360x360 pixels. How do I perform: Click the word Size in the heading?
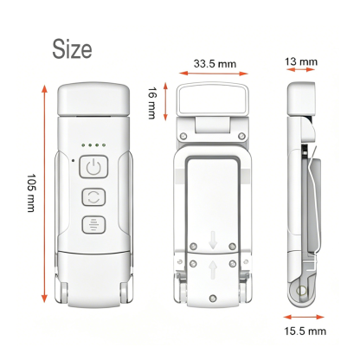tap(72, 49)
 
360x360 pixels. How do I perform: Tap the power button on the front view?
tap(93, 167)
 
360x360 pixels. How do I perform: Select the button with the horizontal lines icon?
tap(93, 225)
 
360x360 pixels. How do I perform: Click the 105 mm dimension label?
tap(31, 193)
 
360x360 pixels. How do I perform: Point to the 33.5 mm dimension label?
tap(215, 64)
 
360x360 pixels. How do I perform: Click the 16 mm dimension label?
tap(151, 103)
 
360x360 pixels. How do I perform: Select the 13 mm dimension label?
tap(301, 61)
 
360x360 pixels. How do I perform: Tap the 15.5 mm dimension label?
tap(305, 331)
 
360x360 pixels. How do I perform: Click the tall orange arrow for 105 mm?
tap(44, 194)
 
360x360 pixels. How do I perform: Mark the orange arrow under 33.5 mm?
tap(214, 74)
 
